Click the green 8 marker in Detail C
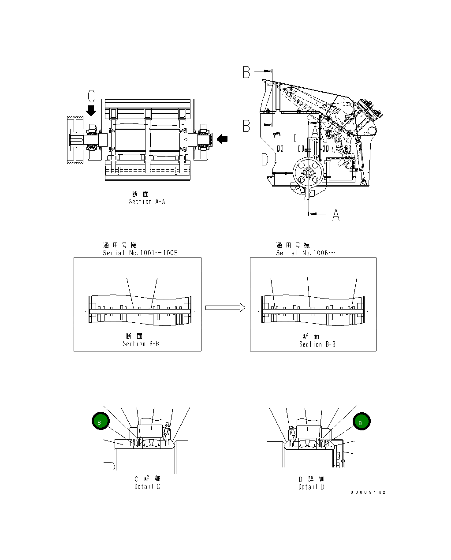(x=100, y=422)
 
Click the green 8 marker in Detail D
(x=361, y=422)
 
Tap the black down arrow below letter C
(x=91, y=110)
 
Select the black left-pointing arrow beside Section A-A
(x=223, y=139)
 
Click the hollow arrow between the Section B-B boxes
(x=225, y=307)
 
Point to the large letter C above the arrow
(x=91, y=96)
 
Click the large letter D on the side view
(x=265, y=159)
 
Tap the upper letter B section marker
(x=247, y=72)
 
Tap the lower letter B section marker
(x=247, y=126)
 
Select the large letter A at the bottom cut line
(x=336, y=215)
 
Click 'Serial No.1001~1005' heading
(x=140, y=253)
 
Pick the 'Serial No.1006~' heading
(x=305, y=253)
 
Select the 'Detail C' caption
(x=147, y=486)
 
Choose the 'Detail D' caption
(x=311, y=487)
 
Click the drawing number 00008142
(x=368, y=493)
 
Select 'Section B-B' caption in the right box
(x=317, y=344)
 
